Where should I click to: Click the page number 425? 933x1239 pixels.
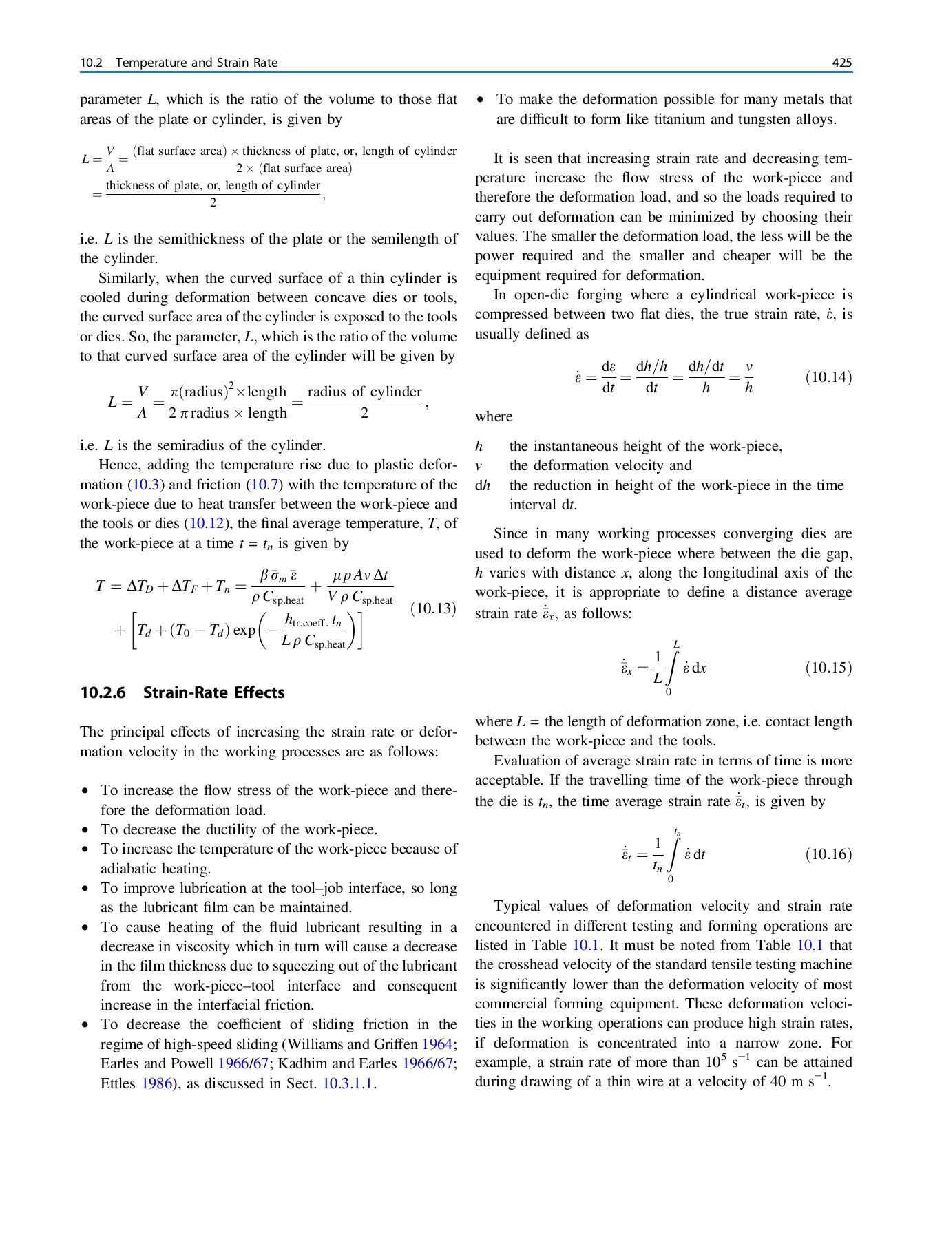841,63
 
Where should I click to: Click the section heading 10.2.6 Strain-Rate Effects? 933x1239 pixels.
182,692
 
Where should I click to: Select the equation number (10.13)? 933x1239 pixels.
433,608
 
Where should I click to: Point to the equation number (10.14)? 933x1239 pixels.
828,377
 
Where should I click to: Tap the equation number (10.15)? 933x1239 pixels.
828,668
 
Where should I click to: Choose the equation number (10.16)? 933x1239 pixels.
828,854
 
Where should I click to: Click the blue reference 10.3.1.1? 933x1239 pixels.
348,1083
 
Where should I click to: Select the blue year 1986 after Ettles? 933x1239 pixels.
156,1083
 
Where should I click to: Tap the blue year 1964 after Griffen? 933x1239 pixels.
437,1044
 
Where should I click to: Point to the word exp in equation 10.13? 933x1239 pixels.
244,630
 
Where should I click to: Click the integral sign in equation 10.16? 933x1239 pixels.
673,854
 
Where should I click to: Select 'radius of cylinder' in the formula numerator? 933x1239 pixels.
364,392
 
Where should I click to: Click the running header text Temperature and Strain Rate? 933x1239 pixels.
196,63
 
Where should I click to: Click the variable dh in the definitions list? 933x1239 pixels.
482,485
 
